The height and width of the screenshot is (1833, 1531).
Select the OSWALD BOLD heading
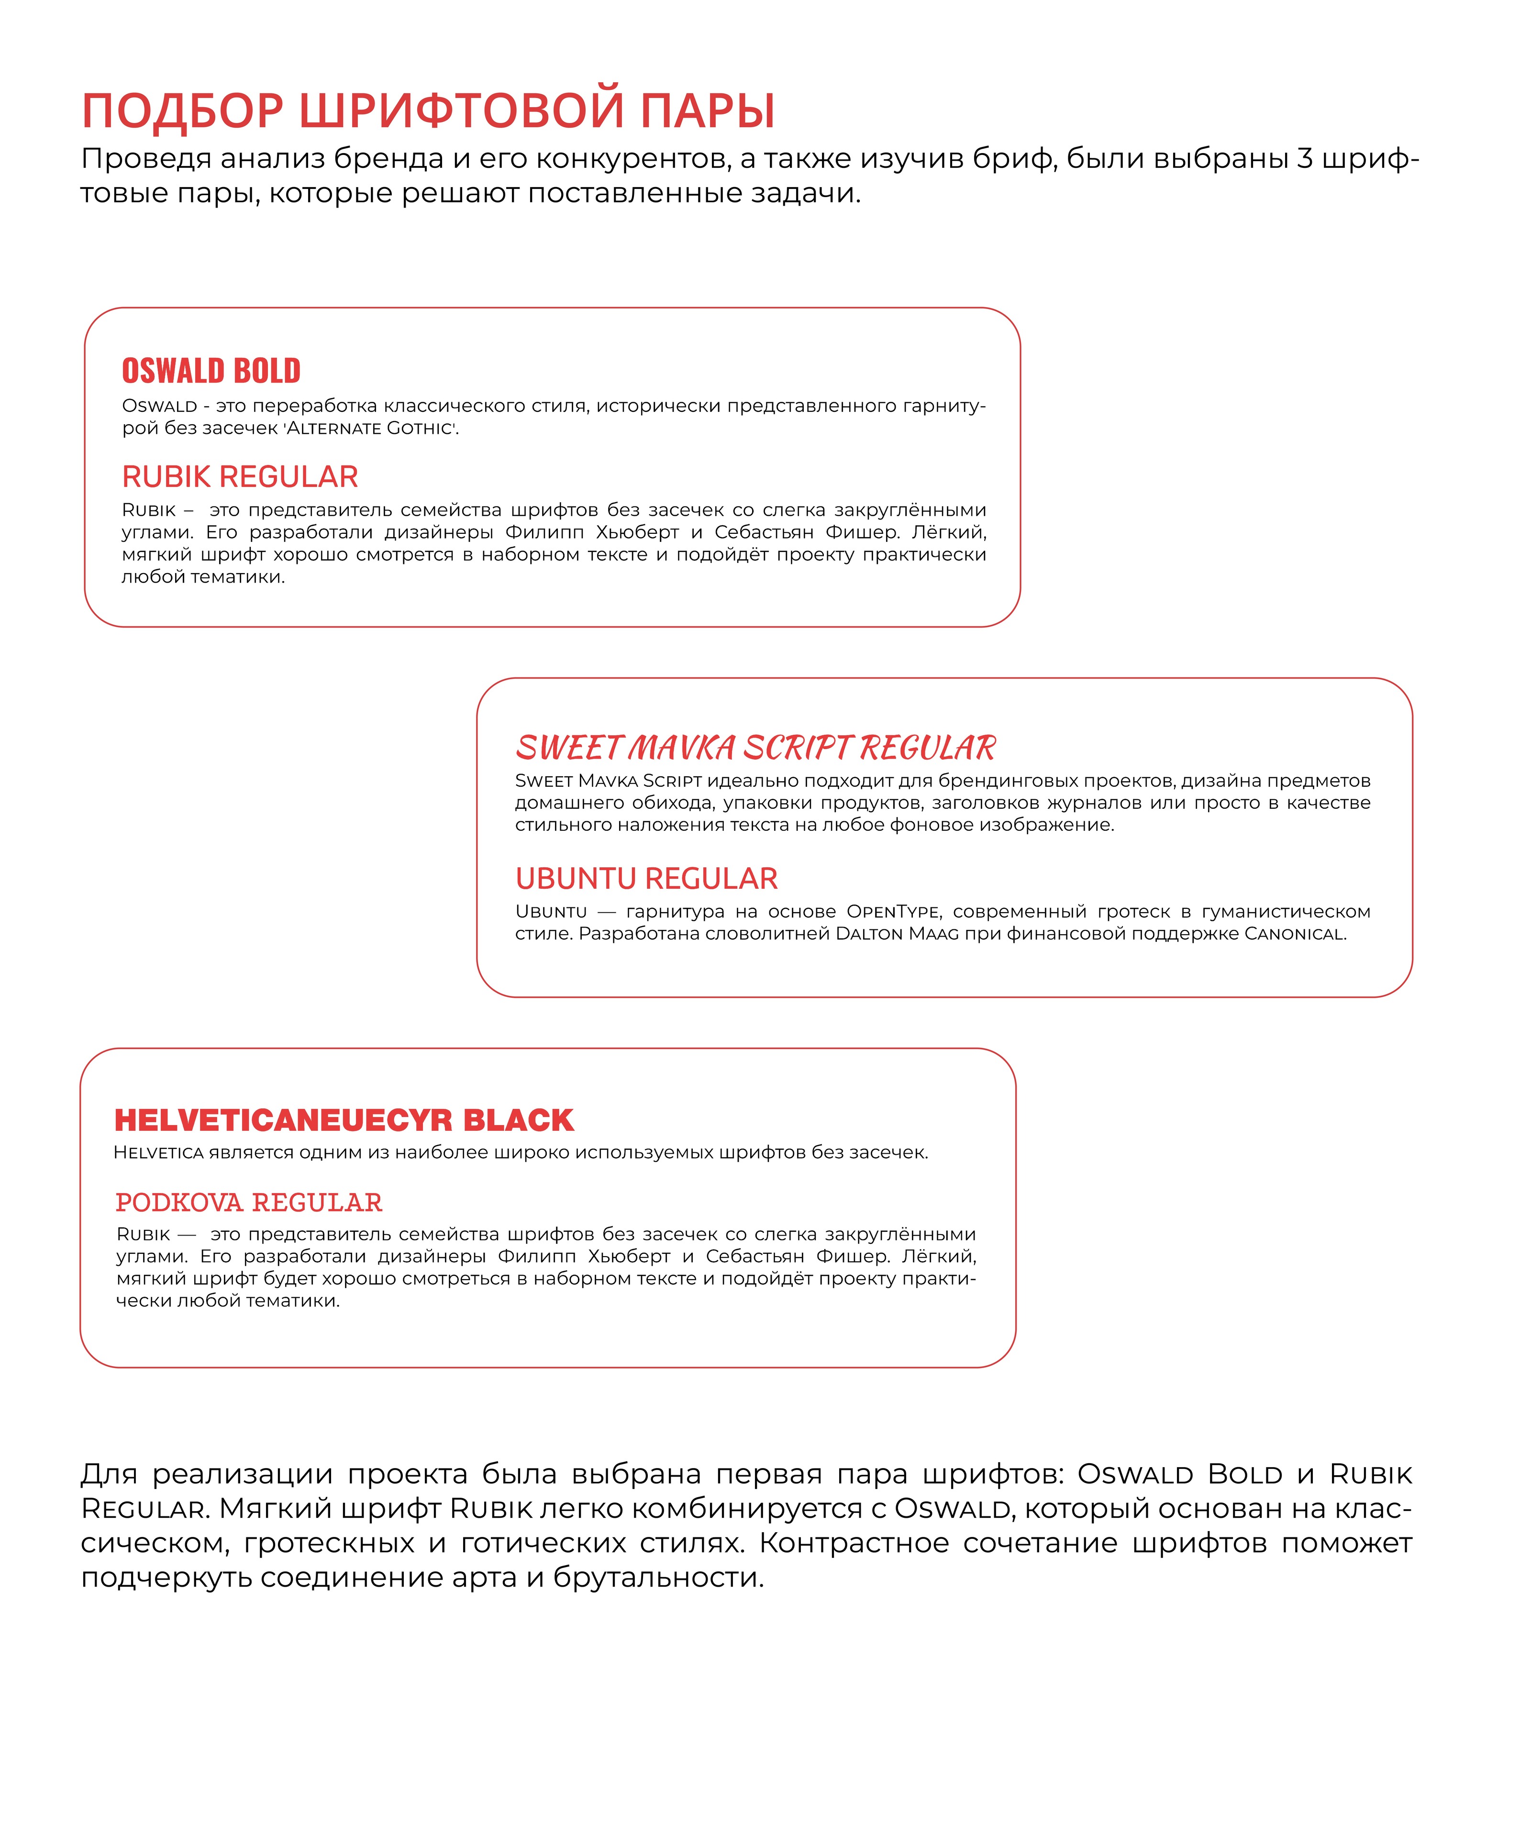pyautogui.click(x=211, y=371)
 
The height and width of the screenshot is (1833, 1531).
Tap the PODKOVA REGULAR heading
pyautogui.click(x=249, y=1203)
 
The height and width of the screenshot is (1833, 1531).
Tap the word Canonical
pyautogui.click(x=1295, y=934)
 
